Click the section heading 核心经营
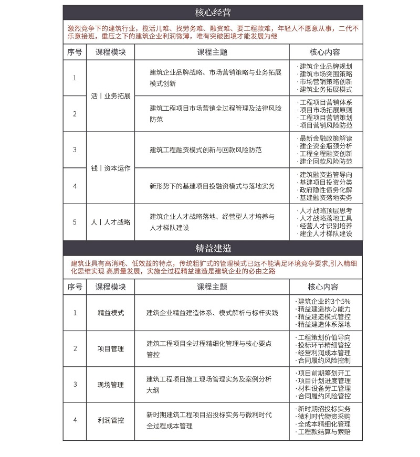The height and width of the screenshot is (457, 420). tap(213, 12)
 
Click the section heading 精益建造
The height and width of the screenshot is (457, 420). tap(213, 247)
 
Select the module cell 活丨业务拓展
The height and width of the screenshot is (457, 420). tap(110, 96)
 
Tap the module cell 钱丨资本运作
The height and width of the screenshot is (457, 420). tap(110, 168)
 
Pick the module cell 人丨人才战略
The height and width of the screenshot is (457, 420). tap(110, 222)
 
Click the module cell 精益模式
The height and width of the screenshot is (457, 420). tap(110, 313)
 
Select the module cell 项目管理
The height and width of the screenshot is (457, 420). tap(110, 348)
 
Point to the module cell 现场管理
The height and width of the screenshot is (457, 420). tap(110, 385)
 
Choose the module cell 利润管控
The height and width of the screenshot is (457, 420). tap(110, 420)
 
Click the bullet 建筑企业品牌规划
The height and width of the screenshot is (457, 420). tap(325, 66)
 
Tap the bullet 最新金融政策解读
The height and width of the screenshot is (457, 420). tap(325, 138)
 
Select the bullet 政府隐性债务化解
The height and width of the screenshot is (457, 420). tap(325, 189)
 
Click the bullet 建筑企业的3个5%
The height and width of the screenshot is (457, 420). tap(323, 301)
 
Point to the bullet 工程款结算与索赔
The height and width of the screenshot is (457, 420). tap(323, 432)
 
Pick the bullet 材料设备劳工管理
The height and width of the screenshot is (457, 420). tap(323, 388)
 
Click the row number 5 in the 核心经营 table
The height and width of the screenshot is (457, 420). tap(75, 222)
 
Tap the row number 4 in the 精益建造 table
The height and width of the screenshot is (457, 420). tap(75, 420)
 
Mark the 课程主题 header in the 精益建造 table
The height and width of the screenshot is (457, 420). tap(212, 287)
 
